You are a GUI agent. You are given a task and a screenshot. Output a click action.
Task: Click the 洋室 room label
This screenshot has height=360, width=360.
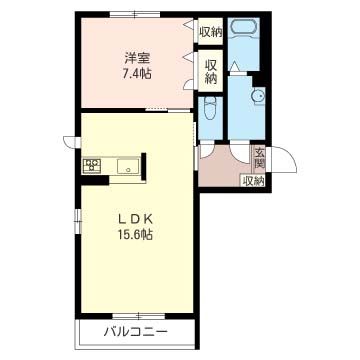(137, 59)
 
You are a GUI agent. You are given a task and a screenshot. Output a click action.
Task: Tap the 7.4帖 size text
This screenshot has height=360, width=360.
(136, 73)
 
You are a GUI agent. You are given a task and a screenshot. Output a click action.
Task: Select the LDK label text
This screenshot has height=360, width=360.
(135, 219)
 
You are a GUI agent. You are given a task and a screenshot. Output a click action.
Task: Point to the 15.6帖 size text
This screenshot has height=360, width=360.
(135, 235)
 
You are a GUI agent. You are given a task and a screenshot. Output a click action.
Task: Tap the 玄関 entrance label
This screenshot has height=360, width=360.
(259, 157)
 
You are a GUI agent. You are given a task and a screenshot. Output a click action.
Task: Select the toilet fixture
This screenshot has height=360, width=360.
(210, 108)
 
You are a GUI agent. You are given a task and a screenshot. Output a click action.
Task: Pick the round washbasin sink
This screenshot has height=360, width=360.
(259, 96)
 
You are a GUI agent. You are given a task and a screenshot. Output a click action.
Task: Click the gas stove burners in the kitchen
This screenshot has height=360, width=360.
(92, 165)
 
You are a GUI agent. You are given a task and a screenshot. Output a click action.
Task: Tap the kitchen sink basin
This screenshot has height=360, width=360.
(128, 166)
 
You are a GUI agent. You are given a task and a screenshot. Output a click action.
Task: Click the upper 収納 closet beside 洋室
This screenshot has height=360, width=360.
(211, 31)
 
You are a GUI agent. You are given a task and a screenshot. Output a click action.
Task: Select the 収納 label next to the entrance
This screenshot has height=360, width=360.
(253, 181)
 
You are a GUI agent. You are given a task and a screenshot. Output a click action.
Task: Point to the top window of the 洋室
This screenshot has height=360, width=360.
(135, 14)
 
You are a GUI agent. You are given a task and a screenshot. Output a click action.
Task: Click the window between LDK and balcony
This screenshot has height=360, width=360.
(138, 316)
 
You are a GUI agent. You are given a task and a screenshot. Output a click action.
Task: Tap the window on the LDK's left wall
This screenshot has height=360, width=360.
(78, 221)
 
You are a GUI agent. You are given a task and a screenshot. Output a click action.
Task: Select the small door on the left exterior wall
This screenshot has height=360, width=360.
(72, 142)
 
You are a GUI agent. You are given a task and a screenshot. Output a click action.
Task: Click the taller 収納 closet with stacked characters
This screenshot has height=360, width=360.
(211, 71)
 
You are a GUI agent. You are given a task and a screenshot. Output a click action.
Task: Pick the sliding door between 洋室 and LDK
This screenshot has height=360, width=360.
(169, 110)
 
